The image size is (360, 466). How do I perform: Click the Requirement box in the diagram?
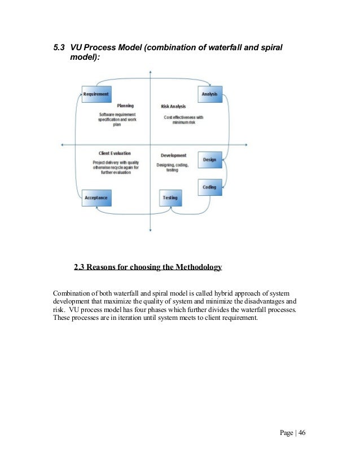click(x=95, y=94)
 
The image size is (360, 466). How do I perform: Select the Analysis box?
click(x=209, y=94)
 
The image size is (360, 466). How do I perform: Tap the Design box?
click(x=209, y=160)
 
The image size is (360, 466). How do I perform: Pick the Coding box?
click(x=209, y=187)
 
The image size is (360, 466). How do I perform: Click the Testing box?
click(x=170, y=198)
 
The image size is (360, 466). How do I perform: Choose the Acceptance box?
click(x=95, y=198)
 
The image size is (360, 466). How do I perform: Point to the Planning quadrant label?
click(x=125, y=105)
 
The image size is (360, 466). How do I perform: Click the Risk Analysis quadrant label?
click(x=173, y=106)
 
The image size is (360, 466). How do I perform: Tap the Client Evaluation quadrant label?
click(x=115, y=153)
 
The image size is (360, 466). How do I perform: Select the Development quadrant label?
click(x=173, y=155)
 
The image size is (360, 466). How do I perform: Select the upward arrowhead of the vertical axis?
click(x=150, y=72)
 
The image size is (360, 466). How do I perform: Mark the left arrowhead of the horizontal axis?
click(x=62, y=146)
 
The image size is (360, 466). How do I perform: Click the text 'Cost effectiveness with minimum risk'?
click(x=183, y=120)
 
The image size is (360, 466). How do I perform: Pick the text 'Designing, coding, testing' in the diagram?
click(x=173, y=167)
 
